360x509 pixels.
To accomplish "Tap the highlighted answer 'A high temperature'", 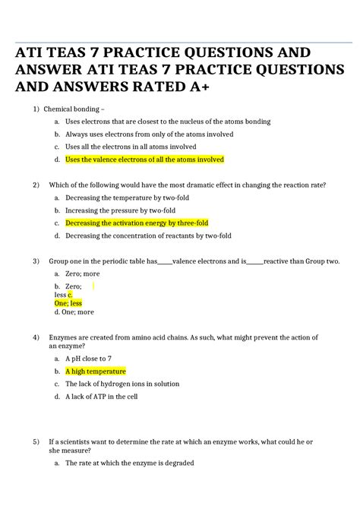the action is (96, 371).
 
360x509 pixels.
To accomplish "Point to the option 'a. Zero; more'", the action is (83, 273).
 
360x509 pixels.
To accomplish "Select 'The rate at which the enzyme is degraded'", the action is (130, 463).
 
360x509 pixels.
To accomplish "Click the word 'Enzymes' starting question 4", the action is (64, 337).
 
